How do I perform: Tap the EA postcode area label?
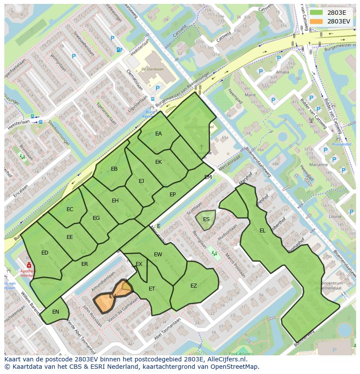click(x=158, y=134)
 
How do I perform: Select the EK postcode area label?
click(x=158, y=162)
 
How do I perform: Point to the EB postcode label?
click(x=114, y=169)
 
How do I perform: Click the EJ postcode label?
click(x=141, y=181)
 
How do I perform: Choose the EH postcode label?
click(x=115, y=201)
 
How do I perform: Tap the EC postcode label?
click(x=70, y=209)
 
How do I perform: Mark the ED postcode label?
click(x=45, y=253)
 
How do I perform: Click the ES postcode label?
click(x=206, y=219)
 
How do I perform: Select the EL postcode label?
click(x=262, y=231)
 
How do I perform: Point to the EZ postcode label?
click(x=193, y=286)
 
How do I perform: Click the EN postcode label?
click(x=56, y=312)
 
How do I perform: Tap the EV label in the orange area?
click(x=112, y=296)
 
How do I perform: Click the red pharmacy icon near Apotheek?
click(x=29, y=265)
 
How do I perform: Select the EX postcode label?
click(x=139, y=264)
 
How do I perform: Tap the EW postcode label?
click(x=158, y=255)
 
